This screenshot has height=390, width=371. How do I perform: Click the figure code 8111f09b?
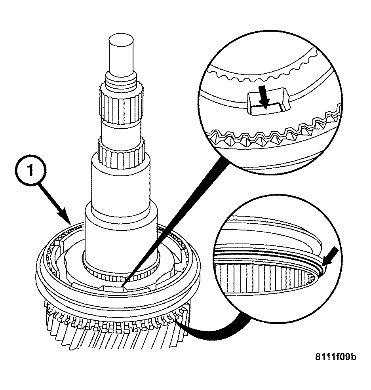335,357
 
